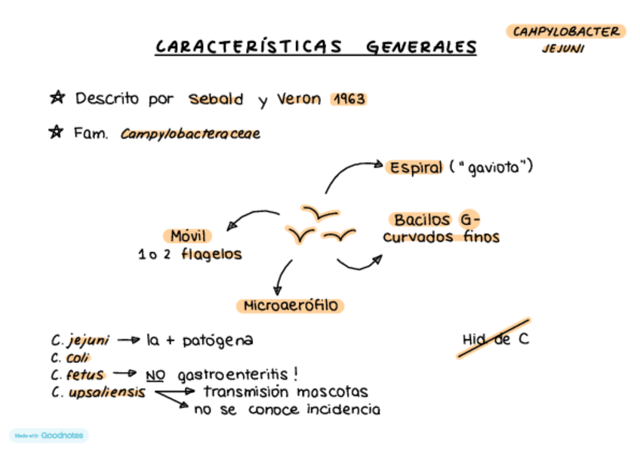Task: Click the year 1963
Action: coord(349,99)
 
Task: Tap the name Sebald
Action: coord(216,99)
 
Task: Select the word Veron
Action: coord(299,99)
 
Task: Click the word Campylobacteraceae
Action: coord(190,134)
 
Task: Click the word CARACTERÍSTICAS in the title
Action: coord(248,47)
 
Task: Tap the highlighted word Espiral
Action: coord(416,168)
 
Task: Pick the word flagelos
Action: coord(211,254)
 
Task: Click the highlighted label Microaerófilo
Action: coord(291,306)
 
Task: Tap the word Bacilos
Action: coord(422,220)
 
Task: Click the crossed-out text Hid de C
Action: coord(495,340)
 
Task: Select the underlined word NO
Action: coord(155,375)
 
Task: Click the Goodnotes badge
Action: coord(49,435)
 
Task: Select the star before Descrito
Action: coord(57,98)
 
